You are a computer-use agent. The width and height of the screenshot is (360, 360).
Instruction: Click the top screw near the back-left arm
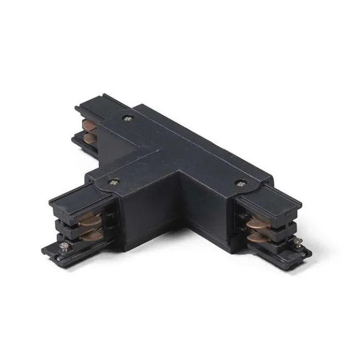tap(127, 116)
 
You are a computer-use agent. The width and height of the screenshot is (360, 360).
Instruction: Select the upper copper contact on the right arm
tap(256, 223)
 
